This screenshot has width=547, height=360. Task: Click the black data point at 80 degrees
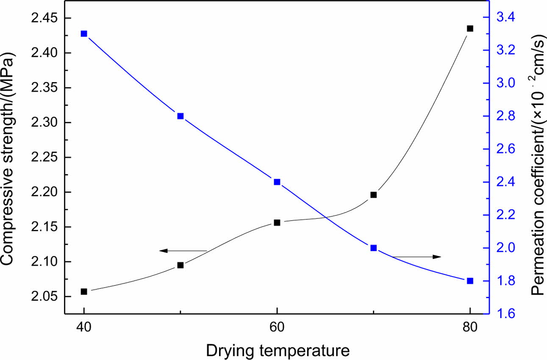[x=469, y=28]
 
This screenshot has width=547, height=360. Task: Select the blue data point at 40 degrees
[x=84, y=34]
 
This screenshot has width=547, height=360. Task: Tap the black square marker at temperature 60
[x=277, y=222]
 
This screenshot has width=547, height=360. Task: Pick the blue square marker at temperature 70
[x=373, y=248]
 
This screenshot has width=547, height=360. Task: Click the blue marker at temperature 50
[x=180, y=116]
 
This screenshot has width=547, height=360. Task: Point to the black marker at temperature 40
[x=84, y=291]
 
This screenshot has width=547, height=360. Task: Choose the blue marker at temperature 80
[x=469, y=281]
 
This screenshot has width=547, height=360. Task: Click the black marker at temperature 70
[x=373, y=195]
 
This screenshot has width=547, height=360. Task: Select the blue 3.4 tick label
[x=504, y=17]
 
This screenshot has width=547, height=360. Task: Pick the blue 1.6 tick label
[x=504, y=314]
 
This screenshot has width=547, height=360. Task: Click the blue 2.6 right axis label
[x=504, y=149]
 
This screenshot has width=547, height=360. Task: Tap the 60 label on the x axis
[x=277, y=327]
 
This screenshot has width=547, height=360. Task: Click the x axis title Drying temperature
[x=278, y=351]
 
